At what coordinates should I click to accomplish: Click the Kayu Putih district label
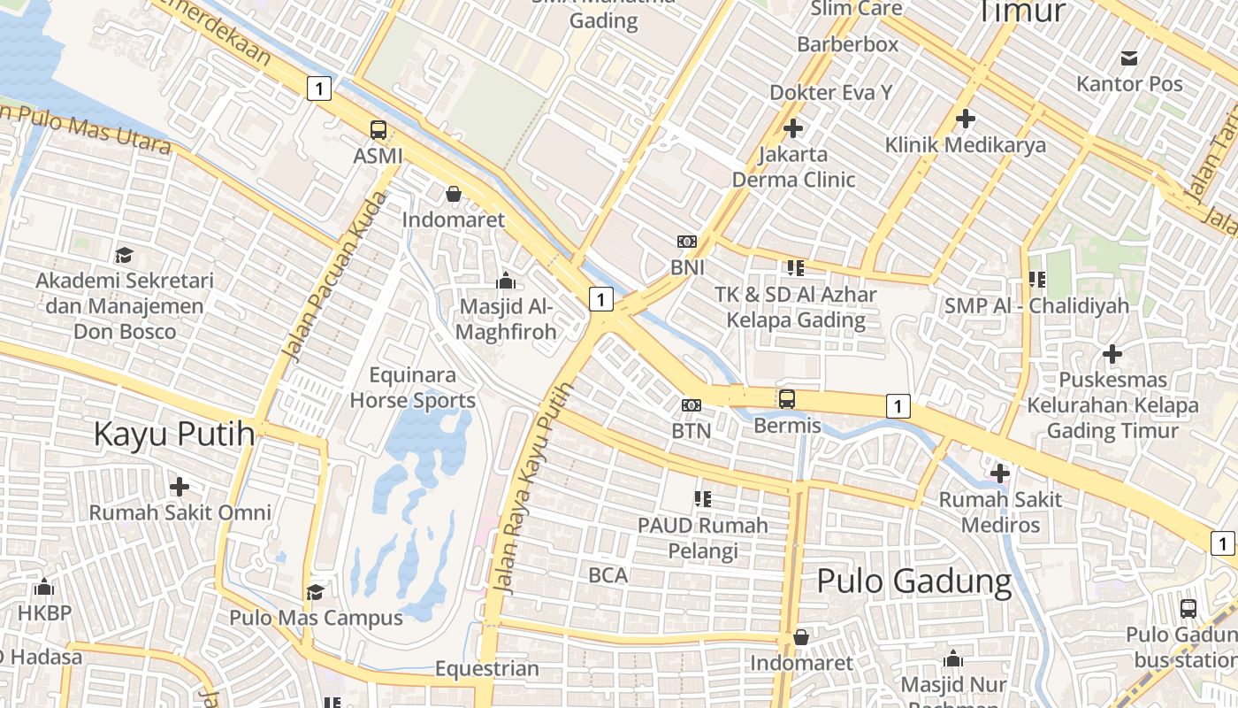click(x=174, y=435)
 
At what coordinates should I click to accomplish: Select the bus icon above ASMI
click(x=378, y=130)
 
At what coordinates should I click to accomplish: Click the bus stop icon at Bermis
click(x=787, y=399)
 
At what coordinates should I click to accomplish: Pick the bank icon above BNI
click(x=686, y=242)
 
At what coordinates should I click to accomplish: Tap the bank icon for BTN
click(x=692, y=405)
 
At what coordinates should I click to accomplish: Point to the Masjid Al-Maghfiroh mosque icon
click(x=507, y=281)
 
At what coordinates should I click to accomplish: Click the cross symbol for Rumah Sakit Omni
click(x=180, y=487)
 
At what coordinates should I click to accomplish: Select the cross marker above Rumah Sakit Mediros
click(x=1000, y=473)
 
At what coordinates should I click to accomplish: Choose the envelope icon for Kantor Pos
click(x=1129, y=58)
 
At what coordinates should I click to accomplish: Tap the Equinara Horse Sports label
click(x=412, y=388)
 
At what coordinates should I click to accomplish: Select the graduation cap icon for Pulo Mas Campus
click(x=316, y=591)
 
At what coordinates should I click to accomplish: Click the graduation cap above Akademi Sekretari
click(x=125, y=256)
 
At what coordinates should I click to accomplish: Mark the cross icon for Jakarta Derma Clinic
click(x=793, y=128)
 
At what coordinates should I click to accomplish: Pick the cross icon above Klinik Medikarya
click(x=966, y=118)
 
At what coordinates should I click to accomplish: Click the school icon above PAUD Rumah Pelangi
click(x=703, y=499)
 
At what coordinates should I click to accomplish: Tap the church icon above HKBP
click(x=43, y=587)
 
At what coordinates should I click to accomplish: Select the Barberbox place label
click(x=847, y=44)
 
